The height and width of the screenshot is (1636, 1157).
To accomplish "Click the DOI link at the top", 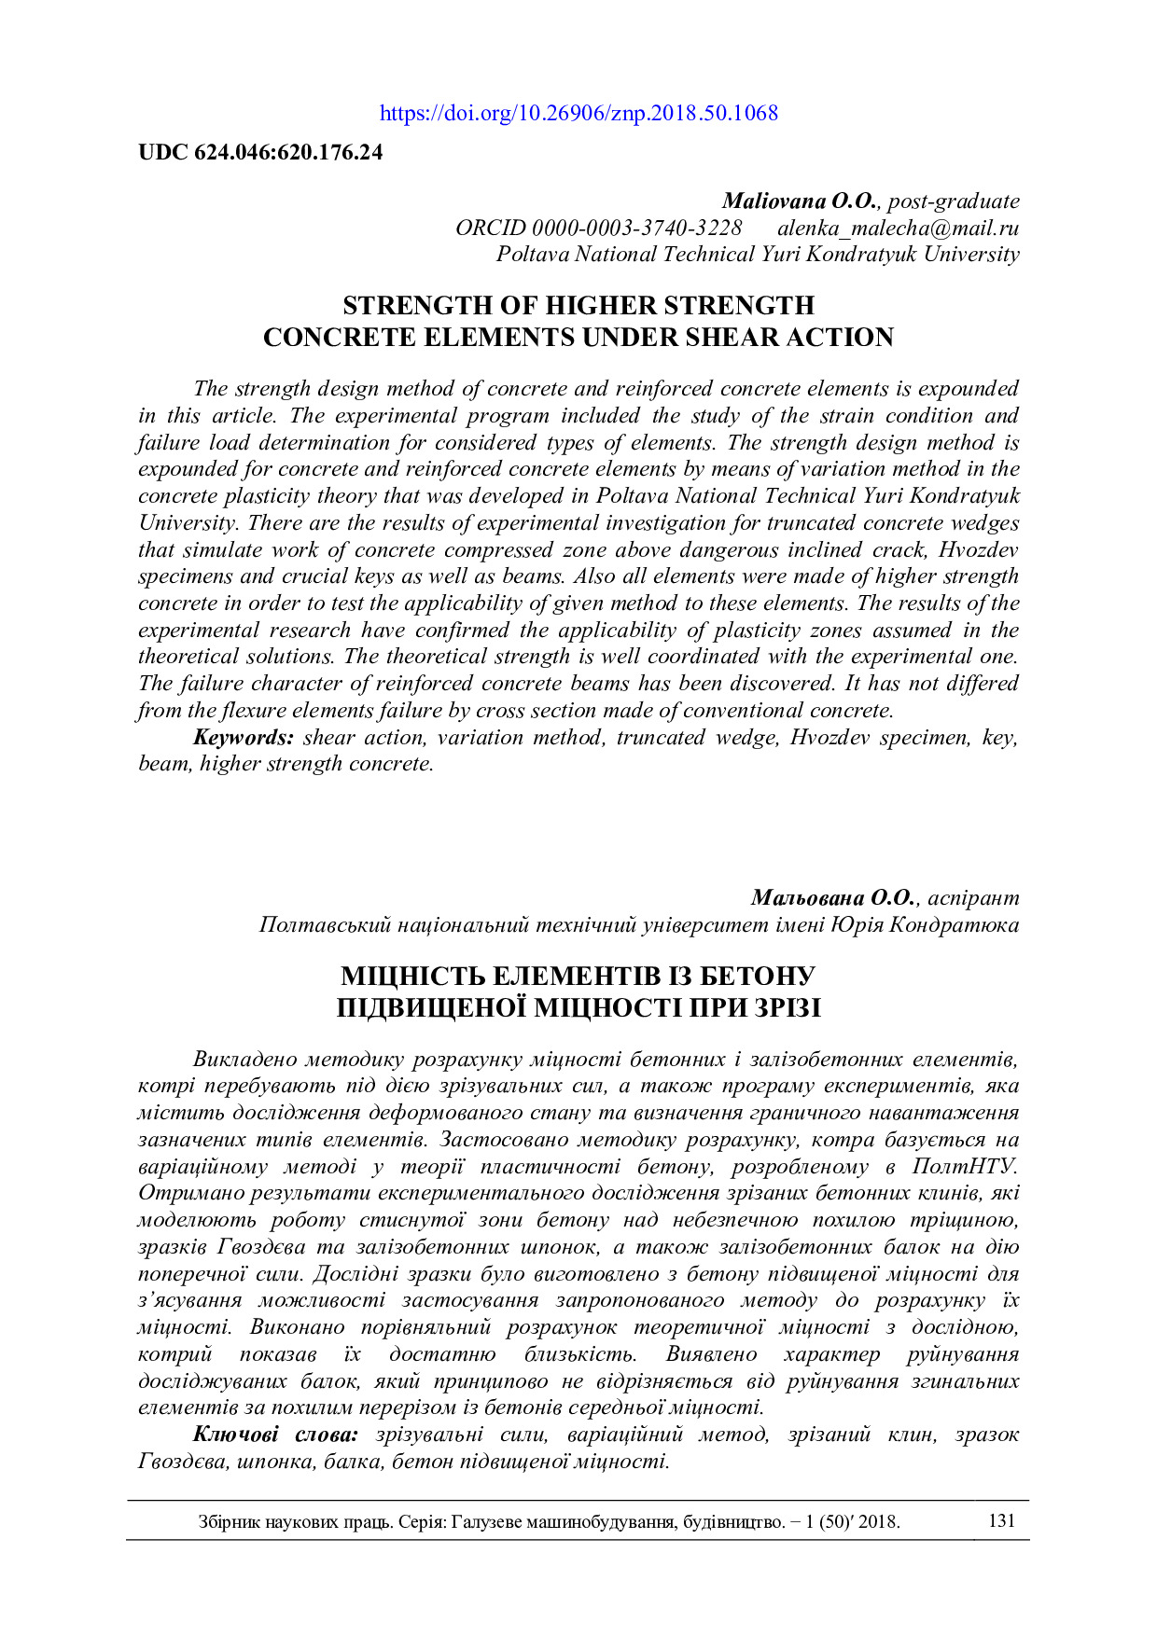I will [x=578, y=114].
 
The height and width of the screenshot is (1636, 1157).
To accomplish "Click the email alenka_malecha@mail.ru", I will [x=898, y=229].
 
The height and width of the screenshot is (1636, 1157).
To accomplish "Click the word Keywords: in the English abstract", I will [x=244, y=738].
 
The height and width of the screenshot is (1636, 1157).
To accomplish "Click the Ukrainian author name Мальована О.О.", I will [x=833, y=898].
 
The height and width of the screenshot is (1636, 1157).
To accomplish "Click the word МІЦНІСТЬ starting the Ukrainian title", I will [x=411, y=977].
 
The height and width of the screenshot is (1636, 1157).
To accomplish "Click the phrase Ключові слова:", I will [x=275, y=1435].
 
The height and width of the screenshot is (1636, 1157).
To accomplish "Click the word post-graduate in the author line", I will [x=954, y=201].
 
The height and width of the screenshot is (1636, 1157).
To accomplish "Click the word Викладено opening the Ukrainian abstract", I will [x=244, y=1060].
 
